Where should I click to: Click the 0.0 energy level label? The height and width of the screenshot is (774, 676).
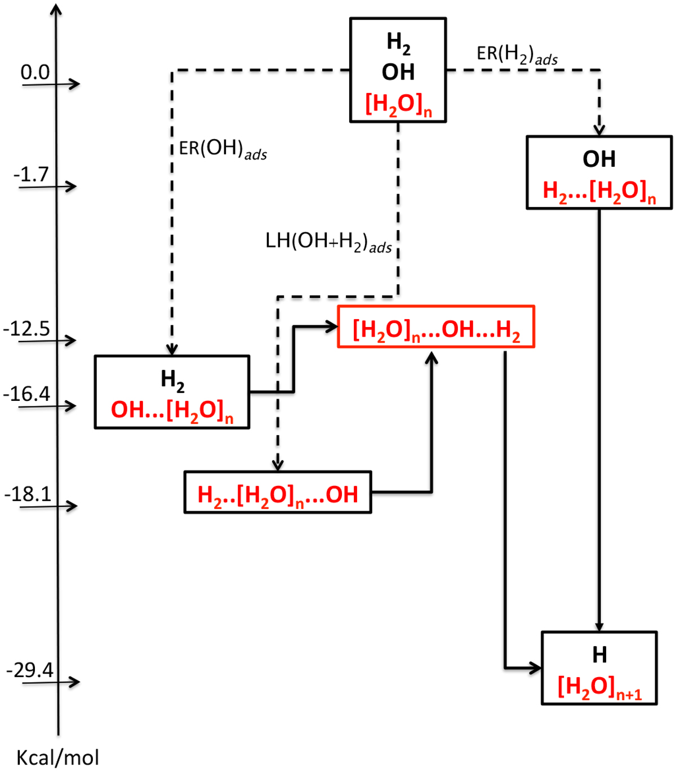coord(35,72)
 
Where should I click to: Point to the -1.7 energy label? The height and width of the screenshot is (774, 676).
coord(31,174)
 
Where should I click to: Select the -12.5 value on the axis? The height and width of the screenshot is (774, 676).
coord(26,328)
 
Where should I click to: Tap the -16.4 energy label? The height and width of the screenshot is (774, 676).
coord(26,393)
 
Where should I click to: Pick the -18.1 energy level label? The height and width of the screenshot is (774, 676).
coord(28,494)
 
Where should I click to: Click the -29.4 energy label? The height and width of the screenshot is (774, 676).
coord(30,670)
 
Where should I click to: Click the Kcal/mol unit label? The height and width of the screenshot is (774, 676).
coord(57,758)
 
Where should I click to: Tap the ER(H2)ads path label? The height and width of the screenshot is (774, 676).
coord(517,55)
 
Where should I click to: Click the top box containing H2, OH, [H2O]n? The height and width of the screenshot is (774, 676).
coord(398,70)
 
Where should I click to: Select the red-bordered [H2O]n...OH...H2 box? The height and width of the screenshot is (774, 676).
coord(435,327)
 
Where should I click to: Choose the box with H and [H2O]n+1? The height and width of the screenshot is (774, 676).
coord(599,668)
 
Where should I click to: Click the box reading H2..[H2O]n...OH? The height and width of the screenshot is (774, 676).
coord(278,492)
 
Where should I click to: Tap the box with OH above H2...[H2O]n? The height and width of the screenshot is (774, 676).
coord(599,173)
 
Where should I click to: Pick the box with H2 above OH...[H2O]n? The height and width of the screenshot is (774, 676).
coord(172,392)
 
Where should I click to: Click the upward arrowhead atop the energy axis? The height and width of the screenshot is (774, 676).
coord(55,9)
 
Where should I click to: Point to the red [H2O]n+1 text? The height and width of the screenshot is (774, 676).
coord(599,687)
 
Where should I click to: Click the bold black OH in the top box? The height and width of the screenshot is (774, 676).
coord(398,72)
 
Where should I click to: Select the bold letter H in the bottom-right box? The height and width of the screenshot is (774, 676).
coord(599,655)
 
